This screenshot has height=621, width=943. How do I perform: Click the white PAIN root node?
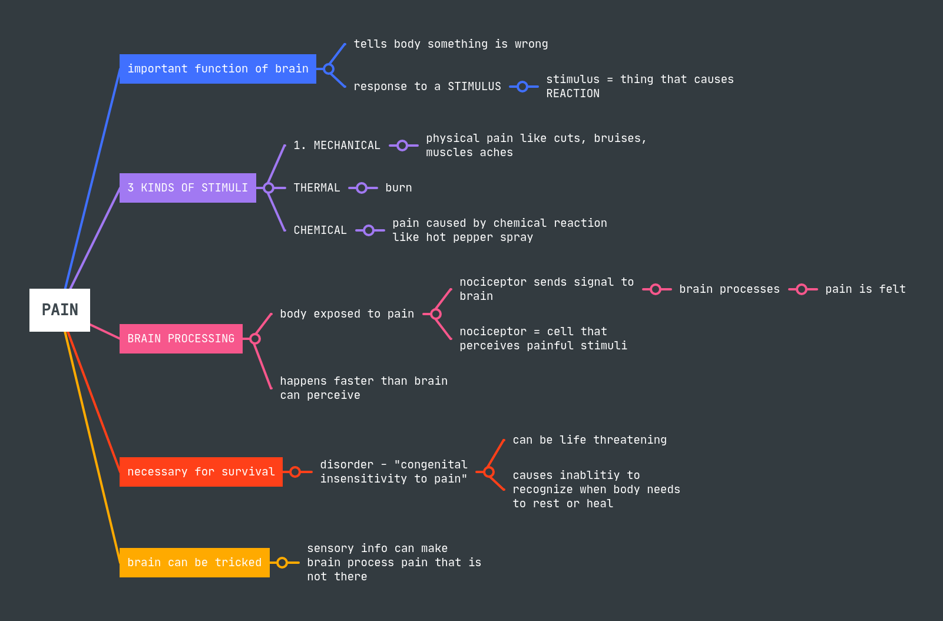click(x=59, y=310)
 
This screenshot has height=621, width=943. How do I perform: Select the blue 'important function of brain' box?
click(x=217, y=69)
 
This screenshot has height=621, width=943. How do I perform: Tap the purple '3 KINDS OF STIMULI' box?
click(x=187, y=188)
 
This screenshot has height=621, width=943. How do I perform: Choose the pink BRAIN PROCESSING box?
click(x=181, y=339)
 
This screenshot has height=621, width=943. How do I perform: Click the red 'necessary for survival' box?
click(x=201, y=472)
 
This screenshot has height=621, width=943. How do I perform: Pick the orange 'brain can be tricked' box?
click(x=194, y=563)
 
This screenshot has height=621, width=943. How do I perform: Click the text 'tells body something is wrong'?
click(x=451, y=44)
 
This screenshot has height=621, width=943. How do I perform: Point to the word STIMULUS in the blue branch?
click(x=474, y=87)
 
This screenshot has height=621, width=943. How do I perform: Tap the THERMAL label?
click(x=317, y=188)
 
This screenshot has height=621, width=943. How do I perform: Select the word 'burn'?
click(x=399, y=188)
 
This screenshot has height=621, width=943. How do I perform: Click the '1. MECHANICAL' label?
click(x=337, y=146)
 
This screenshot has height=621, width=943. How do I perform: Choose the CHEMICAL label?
click(x=320, y=230)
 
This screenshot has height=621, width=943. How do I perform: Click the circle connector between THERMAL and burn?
click(x=362, y=188)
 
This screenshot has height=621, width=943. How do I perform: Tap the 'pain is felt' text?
click(x=865, y=289)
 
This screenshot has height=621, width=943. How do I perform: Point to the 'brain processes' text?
click(x=729, y=289)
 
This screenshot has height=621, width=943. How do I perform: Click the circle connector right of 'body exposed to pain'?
click(x=436, y=314)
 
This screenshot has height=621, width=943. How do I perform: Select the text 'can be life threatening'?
click(x=590, y=440)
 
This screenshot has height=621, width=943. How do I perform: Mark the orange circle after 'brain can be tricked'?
click(x=282, y=563)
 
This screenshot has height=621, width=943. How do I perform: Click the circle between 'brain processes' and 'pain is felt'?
click(x=802, y=289)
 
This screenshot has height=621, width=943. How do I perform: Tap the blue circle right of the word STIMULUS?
click(x=522, y=87)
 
